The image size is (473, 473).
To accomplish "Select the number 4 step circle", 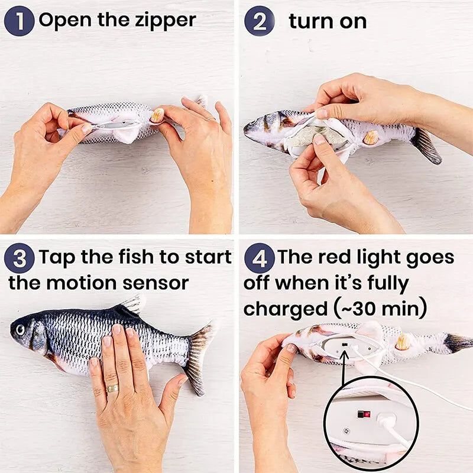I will (259, 258).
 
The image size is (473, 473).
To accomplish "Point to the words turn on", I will (328, 22).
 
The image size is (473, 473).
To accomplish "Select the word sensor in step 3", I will (155, 283).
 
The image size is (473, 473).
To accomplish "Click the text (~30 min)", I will (380, 308).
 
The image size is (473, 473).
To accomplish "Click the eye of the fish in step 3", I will (22, 329).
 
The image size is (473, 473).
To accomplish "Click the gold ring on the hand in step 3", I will (112, 388).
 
